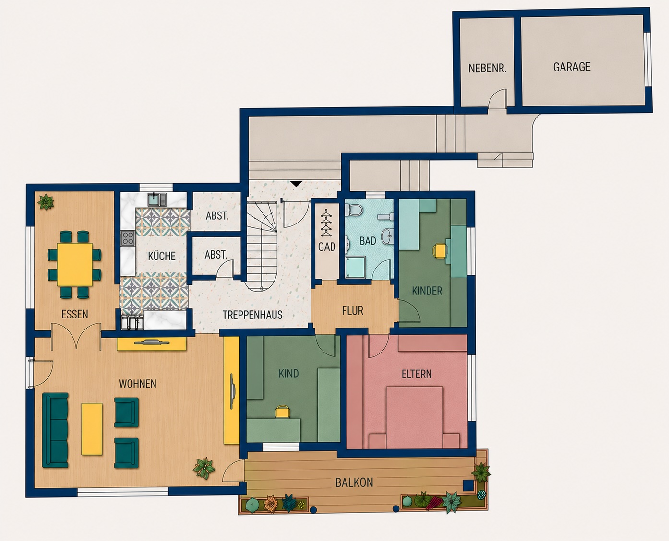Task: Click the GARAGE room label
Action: [572, 67]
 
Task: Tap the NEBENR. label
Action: [488, 69]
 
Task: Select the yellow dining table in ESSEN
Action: [75, 264]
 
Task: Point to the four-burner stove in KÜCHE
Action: [128, 238]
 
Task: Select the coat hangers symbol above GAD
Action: [326, 223]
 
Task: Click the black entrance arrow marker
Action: [296, 184]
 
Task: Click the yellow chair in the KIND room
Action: [282, 412]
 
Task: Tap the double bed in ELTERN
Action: [414, 417]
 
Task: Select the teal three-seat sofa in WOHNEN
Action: [56, 430]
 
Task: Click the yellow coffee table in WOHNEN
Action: [92, 429]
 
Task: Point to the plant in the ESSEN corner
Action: [46, 201]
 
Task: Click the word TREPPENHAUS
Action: [252, 315]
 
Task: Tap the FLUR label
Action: [352, 311]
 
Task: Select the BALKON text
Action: [354, 482]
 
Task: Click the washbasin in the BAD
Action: [388, 235]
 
